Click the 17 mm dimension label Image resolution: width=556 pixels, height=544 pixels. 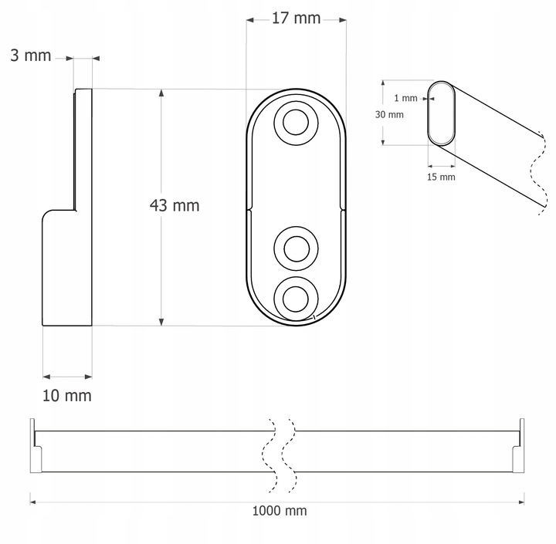point(296,19)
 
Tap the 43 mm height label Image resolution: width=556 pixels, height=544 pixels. point(174,205)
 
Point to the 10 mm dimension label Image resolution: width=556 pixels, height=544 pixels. point(67,396)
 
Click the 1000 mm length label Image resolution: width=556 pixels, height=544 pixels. point(279,511)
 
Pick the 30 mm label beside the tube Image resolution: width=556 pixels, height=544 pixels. point(389,114)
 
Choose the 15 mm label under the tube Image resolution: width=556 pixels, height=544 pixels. point(441,177)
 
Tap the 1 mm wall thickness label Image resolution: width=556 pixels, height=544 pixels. point(405,98)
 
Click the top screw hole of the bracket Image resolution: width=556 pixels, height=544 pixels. point(295,123)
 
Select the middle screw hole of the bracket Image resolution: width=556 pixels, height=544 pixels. point(295,248)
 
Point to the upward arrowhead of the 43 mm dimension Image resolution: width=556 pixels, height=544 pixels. point(161,93)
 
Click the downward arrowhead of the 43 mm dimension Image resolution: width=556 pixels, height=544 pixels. point(161,320)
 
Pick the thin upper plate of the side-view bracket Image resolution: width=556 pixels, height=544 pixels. point(83,147)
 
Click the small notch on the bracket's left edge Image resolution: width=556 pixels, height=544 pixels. point(249,208)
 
